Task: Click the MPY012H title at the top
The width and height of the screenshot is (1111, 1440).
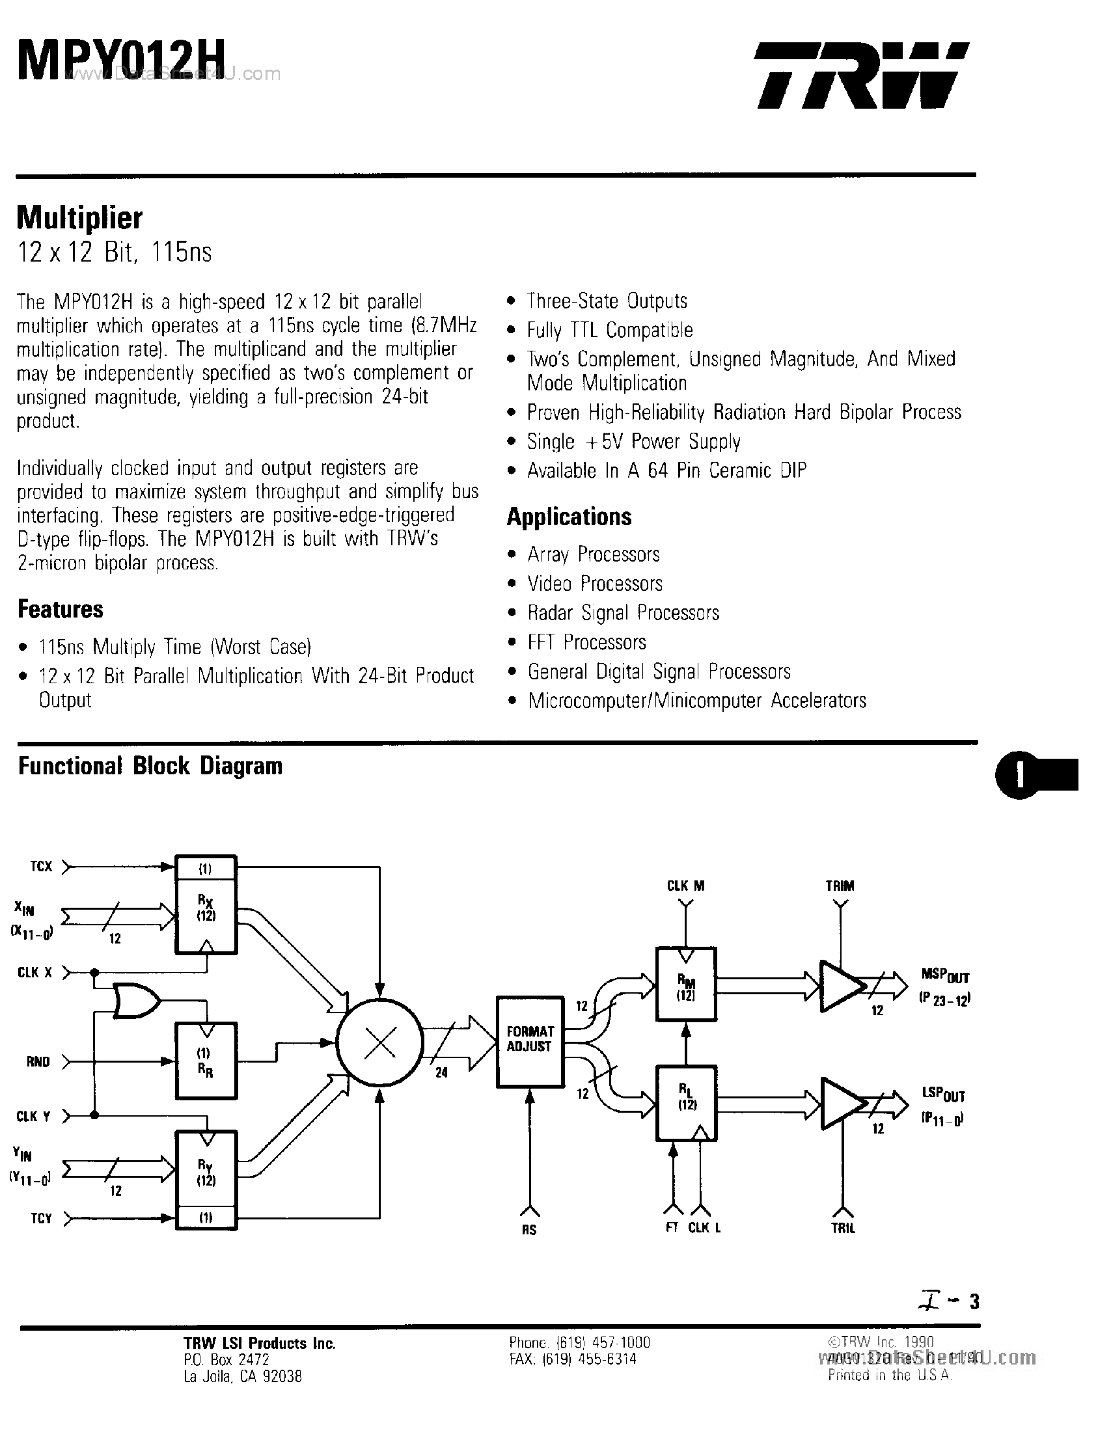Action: pyautogui.click(x=121, y=61)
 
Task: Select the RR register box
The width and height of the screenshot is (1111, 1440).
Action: pyautogui.click(x=206, y=1060)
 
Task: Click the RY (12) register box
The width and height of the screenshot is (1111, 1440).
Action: pyautogui.click(x=206, y=1172)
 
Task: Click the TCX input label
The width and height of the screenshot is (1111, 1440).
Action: pyautogui.click(x=41, y=866)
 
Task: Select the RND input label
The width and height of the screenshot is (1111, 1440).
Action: pyautogui.click(x=38, y=1061)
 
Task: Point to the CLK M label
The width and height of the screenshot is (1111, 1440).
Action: pyautogui.click(x=686, y=886)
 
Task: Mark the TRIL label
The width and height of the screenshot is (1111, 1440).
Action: pyautogui.click(x=843, y=1229)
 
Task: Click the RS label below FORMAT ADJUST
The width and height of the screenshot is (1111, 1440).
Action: pyautogui.click(x=528, y=1230)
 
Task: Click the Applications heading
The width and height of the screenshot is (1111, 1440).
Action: pyautogui.click(x=569, y=517)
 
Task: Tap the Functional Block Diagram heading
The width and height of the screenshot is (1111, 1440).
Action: pyautogui.click(x=150, y=766)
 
